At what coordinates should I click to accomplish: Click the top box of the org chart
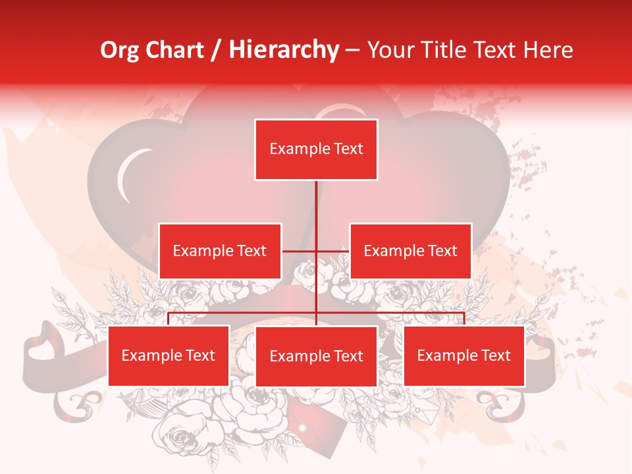pyautogui.click(x=316, y=149)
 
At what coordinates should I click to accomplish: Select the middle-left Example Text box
pyautogui.click(x=220, y=251)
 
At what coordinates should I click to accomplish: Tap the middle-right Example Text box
pyautogui.click(x=410, y=251)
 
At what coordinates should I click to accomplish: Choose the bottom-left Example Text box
pyautogui.click(x=169, y=355)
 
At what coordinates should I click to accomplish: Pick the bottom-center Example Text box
pyautogui.click(x=316, y=356)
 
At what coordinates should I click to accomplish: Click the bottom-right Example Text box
pyautogui.click(x=463, y=355)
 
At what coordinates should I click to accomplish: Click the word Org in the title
pyautogui.click(x=118, y=50)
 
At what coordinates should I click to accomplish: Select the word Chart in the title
pyautogui.click(x=174, y=50)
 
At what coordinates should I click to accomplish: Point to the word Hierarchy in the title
pyautogui.click(x=284, y=50)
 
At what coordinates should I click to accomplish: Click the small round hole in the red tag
pyautogui.click(x=302, y=429)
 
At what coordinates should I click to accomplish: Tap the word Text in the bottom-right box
pyautogui.click(x=496, y=355)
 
